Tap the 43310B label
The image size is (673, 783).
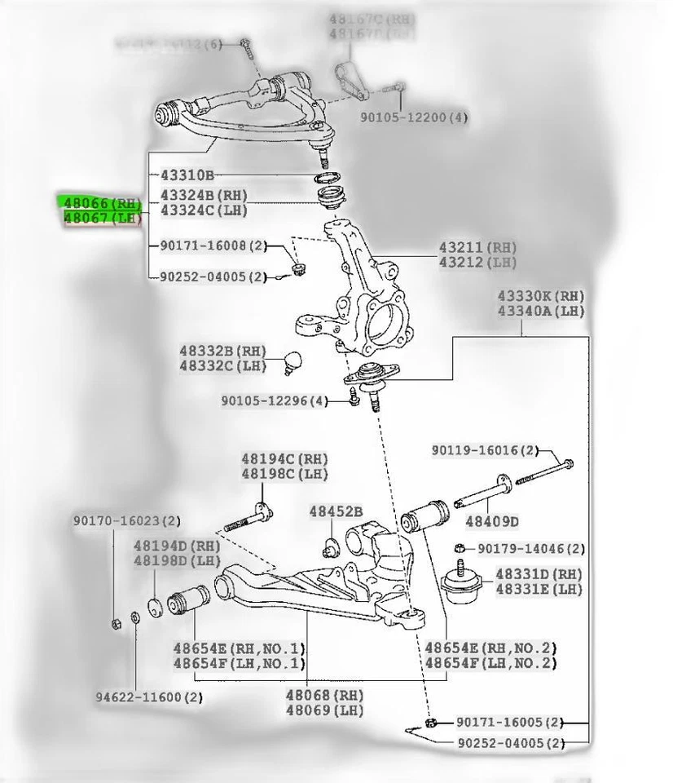coord(187,175)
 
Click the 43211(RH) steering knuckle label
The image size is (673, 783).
coord(477,246)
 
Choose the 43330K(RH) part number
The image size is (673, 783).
coord(543,296)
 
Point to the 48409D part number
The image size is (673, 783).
coord(492,520)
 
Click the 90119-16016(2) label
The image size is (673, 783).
coord(485,450)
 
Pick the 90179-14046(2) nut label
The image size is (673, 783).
coord(531,549)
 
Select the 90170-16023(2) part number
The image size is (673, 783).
coord(126,520)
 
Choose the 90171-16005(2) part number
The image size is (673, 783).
coord(509,722)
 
